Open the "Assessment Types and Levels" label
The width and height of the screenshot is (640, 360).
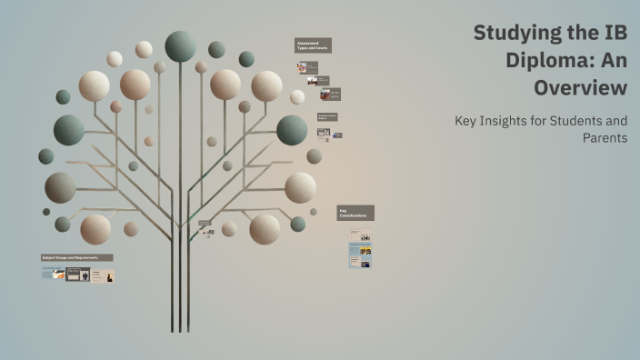click(x=313, y=45)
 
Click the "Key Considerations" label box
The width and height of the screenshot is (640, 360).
click(x=355, y=213)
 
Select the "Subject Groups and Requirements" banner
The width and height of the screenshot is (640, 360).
click(x=76, y=257)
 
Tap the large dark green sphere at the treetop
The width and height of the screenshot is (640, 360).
click(x=180, y=45)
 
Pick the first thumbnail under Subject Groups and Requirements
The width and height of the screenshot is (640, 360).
click(x=53, y=274)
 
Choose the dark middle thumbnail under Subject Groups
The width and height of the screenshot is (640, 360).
click(x=78, y=274)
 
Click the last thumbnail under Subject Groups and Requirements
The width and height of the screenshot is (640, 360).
click(x=103, y=275)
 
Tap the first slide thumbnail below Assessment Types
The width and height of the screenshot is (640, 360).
click(x=307, y=67)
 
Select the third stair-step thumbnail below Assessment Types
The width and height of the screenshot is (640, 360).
click(x=330, y=94)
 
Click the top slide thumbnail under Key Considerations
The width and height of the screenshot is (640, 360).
click(x=360, y=235)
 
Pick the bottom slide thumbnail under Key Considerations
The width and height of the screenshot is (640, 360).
click(x=360, y=263)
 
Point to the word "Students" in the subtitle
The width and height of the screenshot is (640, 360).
click(x=577, y=120)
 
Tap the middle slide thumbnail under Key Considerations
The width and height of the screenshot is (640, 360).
click(x=360, y=250)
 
